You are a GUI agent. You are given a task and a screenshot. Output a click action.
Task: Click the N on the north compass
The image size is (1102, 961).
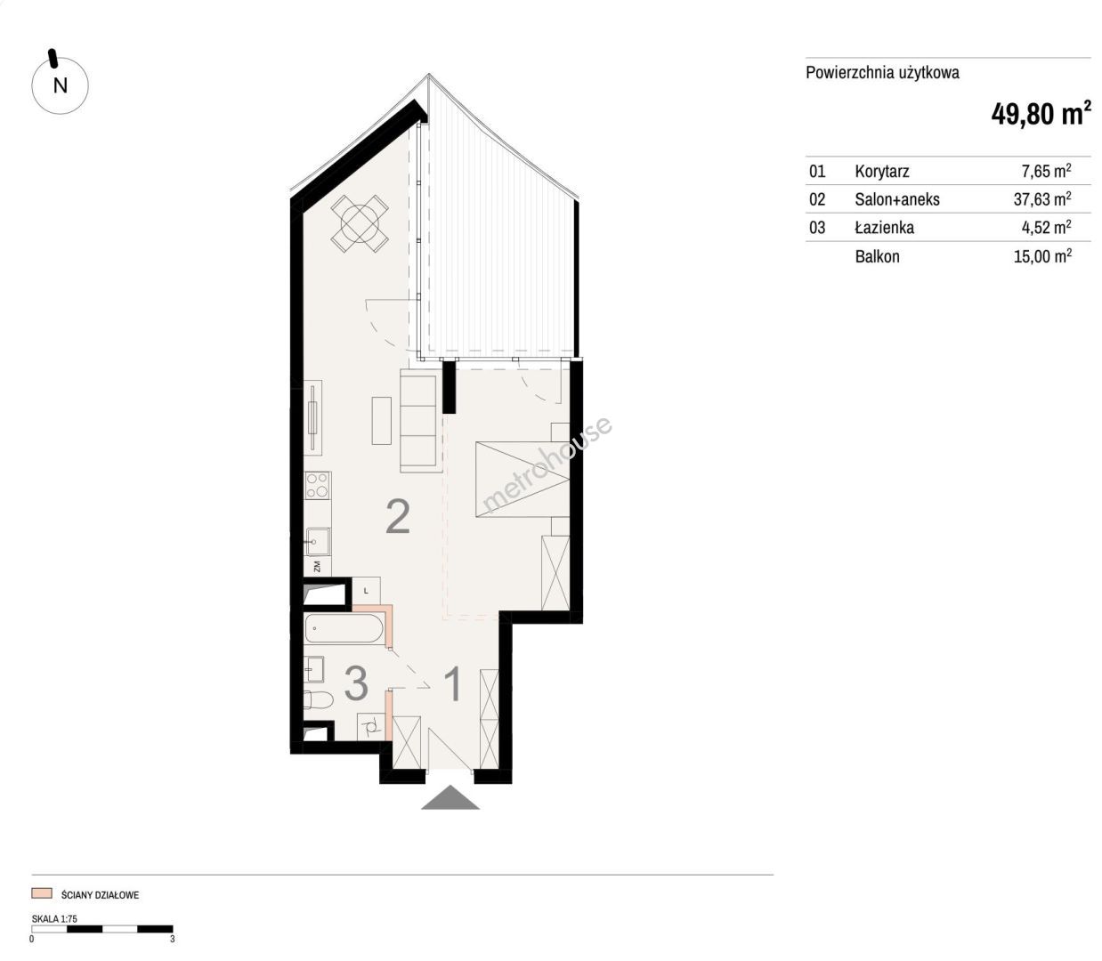click(x=61, y=85)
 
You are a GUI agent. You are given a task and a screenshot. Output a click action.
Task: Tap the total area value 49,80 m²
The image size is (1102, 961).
click(x=1041, y=114)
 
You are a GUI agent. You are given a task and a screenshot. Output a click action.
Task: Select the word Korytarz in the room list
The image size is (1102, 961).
click(x=882, y=171)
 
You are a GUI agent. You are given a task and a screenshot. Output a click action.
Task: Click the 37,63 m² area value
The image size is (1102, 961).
click(x=1042, y=199)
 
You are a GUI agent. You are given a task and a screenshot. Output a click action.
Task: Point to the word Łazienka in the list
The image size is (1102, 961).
click(x=884, y=227)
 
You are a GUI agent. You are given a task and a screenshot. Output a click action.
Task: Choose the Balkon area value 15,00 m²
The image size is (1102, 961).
click(x=1042, y=256)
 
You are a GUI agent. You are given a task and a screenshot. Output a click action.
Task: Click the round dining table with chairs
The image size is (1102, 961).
click(x=360, y=222)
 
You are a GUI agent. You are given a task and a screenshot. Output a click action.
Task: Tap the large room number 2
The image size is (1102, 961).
click(x=398, y=517)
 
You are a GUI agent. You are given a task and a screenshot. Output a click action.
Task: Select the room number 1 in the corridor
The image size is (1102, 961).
click(x=454, y=684)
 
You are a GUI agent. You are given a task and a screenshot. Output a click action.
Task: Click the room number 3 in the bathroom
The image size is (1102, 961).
click(x=356, y=682)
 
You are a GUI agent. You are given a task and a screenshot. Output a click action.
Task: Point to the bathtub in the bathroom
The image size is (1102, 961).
click(x=344, y=628)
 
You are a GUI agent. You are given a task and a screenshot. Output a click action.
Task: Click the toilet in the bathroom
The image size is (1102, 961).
click(x=318, y=700)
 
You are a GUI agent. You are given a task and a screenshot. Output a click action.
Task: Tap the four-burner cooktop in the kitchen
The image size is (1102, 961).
click(x=317, y=486)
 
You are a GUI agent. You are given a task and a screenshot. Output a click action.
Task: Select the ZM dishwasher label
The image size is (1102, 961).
click(x=317, y=567)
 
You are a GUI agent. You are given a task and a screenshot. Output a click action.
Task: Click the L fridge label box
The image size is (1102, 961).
click(x=366, y=591)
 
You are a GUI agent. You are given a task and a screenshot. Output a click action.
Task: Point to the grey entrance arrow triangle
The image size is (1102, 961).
click(x=450, y=797)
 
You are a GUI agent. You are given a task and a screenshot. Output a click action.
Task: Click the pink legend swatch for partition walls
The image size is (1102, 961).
click(x=42, y=893)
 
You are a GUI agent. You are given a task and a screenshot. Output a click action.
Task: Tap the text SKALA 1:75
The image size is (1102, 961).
click(x=54, y=919)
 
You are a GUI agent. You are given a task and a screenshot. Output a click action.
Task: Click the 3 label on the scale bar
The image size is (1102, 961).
click(x=173, y=939)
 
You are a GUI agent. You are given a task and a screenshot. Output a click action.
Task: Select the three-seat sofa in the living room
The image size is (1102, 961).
click(x=418, y=421)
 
